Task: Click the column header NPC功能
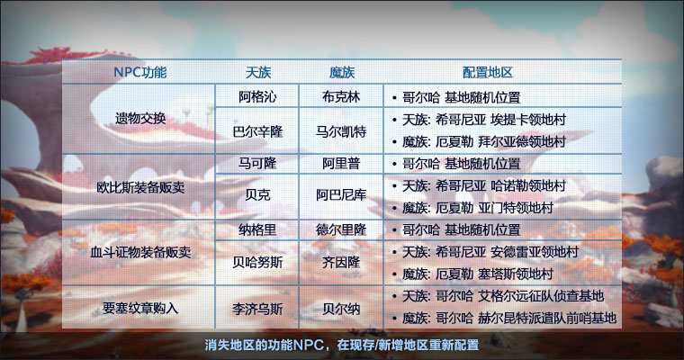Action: coord(140,72)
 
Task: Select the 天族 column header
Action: coord(257,72)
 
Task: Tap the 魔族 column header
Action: coord(342,72)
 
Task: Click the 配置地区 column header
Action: coord(487,72)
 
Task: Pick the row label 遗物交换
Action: coord(140,118)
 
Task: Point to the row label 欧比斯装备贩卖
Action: coord(140,187)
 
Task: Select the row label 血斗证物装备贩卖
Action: coord(140,252)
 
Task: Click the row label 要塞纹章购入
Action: coord(140,308)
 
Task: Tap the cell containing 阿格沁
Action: coord(257,96)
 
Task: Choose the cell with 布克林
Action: coord(341,96)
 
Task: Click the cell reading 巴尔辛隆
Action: coord(257,131)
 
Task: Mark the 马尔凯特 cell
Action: coord(341,131)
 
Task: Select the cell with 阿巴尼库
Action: coord(341,194)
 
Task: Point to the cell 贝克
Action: coord(257,194)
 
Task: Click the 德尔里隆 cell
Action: coord(341,229)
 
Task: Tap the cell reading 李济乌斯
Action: coord(257,309)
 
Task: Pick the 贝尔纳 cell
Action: coord(341,309)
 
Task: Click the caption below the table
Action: coord(342,345)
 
